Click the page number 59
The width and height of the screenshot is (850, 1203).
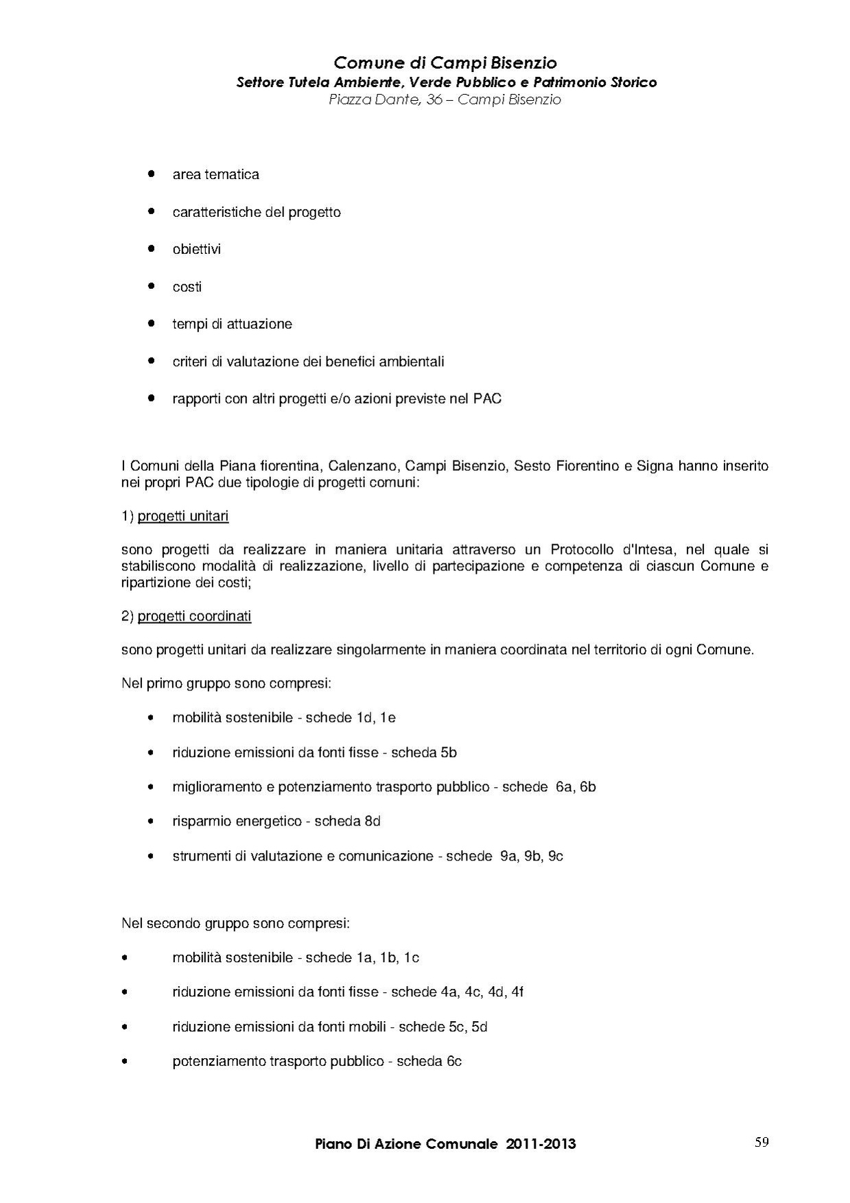pos(761,1142)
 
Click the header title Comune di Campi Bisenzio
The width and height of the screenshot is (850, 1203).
pos(445,63)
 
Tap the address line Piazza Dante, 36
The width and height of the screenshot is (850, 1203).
pos(445,100)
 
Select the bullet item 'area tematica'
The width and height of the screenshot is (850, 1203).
pos(215,174)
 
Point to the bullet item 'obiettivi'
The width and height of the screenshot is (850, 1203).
pos(196,249)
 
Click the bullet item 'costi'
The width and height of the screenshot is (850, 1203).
pos(187,287)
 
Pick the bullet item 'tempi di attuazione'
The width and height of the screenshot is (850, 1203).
pos(232,324)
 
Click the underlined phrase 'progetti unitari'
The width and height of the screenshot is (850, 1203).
pos(183,516)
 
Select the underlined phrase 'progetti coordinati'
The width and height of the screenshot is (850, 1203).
pos(194,616)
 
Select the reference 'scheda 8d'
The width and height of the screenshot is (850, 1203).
pos(347,821)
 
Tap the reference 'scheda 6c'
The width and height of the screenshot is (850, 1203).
pos(429,1061)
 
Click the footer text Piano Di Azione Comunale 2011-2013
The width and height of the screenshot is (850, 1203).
pos(445,1144)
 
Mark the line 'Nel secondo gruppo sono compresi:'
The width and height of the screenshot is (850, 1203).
pos(235,924)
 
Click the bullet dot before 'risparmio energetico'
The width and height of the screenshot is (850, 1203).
pos(150,821)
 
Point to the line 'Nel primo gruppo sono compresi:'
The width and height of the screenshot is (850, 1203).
pos(226,684)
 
